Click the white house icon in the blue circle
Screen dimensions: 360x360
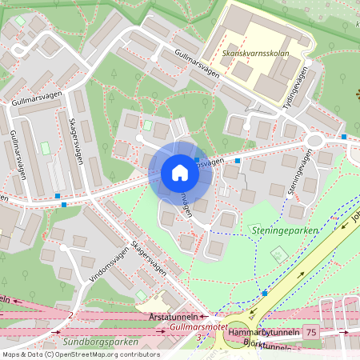tap(180, 173)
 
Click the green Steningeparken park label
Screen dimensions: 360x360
tap(284, 230)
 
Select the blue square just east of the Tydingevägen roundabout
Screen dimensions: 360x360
tap(344, 137)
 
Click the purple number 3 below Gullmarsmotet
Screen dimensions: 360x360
tap(197, 338)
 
